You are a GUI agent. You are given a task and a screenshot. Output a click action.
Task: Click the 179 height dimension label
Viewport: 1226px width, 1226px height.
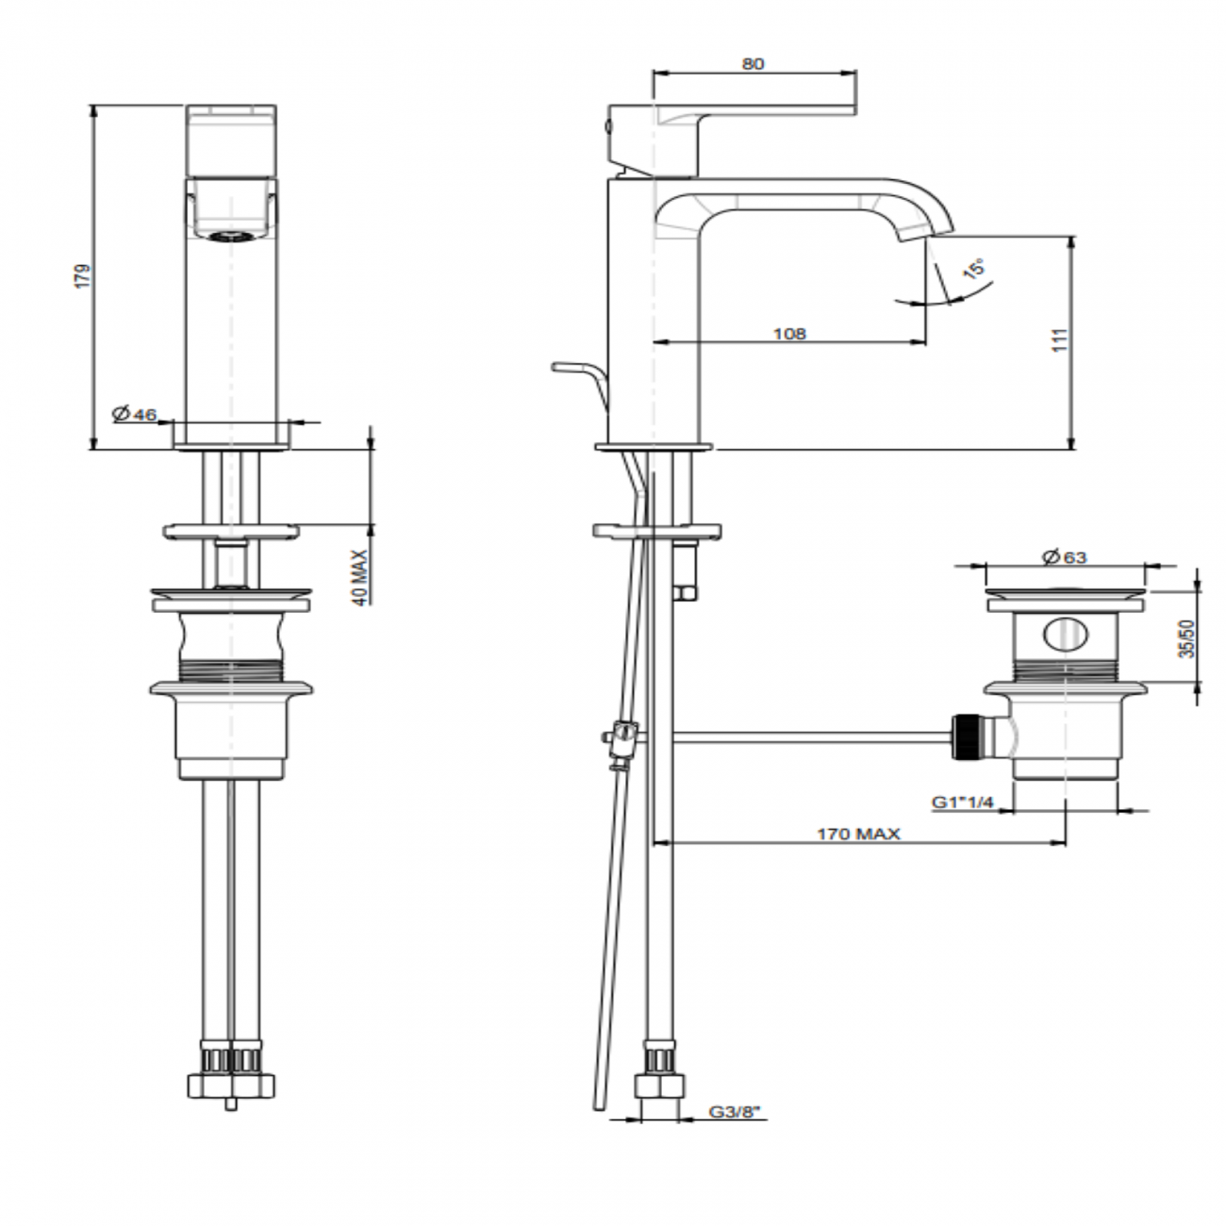[x=83, y=275]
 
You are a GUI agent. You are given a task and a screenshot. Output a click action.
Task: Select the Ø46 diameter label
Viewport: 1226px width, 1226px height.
[x=133, y=414]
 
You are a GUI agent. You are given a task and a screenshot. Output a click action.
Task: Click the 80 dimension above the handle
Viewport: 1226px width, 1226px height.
[x=753, y=64]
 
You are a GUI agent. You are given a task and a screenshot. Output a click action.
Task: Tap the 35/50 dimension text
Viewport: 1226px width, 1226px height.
[x=1186, y=638]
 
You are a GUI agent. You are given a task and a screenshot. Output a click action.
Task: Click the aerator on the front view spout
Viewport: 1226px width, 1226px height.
[x=231, y=237]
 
